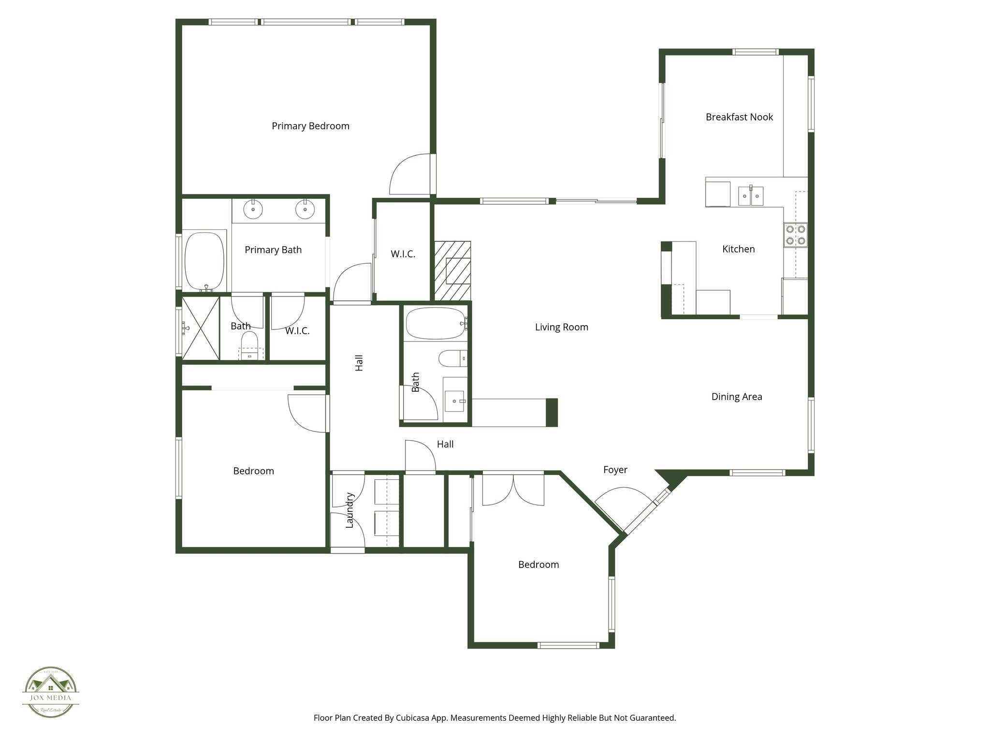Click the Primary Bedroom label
coord(310,126)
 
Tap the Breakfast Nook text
coord(739,117)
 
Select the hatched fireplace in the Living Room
coord(452,271)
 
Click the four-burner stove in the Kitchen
coord(795,235)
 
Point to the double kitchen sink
coord(751,196)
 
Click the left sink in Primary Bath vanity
coord(253,210)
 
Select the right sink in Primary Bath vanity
coord(305,210)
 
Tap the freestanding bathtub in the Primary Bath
coord(205,260)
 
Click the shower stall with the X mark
coord(200,328)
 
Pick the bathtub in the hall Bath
coord(435,323)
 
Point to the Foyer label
coord(615,470)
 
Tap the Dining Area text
coord(737,397)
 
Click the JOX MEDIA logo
coord(51,692)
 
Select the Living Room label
coord(561,327)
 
